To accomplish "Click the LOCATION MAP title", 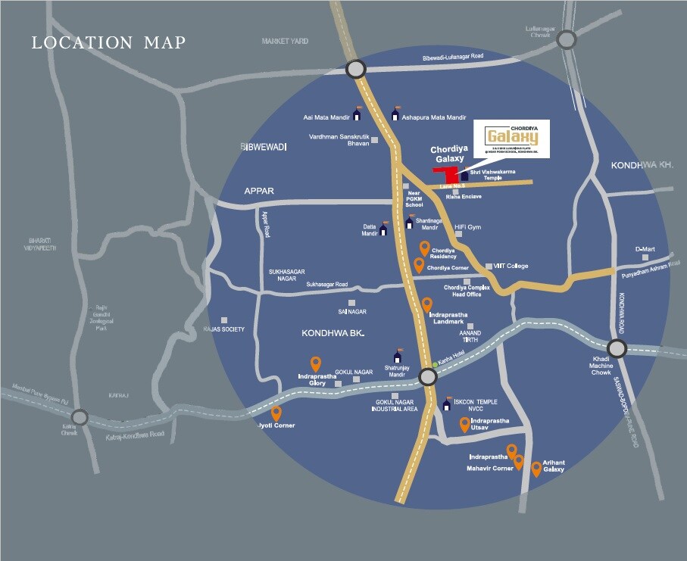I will coord(108,42).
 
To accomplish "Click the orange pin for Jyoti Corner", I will coord(276,413).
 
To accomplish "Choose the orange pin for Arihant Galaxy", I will coord(536,469).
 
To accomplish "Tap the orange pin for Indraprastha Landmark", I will coord(427,304).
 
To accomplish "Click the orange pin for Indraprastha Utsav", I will coord(464,424).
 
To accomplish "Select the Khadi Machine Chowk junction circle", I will coord(617,348).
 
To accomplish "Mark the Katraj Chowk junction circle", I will coord(80,417).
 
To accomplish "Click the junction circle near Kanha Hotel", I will coord(428,377).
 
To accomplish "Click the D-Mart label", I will coord(645,248).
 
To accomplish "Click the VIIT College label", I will coord(511,266).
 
